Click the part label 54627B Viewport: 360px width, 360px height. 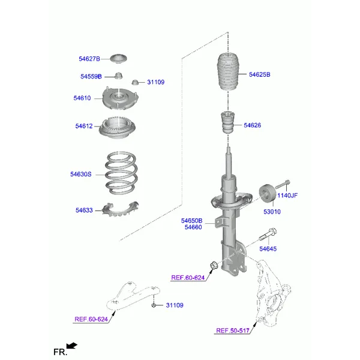[x=89, y=59]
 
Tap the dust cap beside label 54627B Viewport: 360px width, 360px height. [x=118, y=59]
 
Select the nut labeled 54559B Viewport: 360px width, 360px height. [x=118, y=76]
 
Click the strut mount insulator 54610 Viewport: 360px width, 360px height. [x=120, y=99]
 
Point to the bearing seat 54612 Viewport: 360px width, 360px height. [x=118, y=128]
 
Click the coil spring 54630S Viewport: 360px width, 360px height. [x=121, y=173]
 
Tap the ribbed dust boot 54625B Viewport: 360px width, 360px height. [x=228, y=71]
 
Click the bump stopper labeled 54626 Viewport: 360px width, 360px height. [x=228, y=122]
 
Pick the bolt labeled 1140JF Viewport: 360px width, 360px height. [x=283, y=185]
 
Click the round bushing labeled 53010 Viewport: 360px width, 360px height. [x=267, y=194]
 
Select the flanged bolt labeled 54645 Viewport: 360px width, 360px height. [x=268, y=235]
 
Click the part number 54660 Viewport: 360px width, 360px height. [x=193, y=227]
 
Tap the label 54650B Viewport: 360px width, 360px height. [x=192, y=221]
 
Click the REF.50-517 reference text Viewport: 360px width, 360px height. [x=233, y=331]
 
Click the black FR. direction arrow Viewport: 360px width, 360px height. [x=71, y=346]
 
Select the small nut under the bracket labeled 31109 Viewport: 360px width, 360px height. [x=154, y=305]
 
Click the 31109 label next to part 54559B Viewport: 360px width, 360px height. [x=155, y=82]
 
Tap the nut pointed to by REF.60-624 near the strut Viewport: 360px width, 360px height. [x=214, y=265]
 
